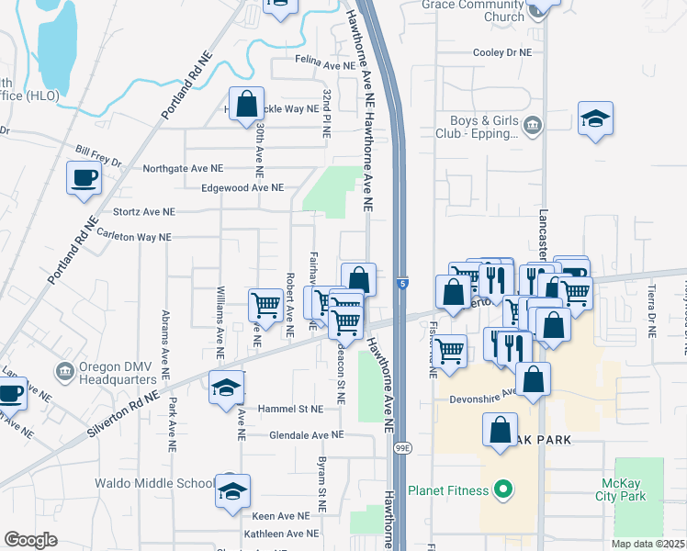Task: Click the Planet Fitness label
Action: tap(448, 490)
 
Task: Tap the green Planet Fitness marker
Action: tap(501, 490)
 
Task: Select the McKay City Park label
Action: tap(631, 489)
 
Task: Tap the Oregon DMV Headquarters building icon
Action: tap(63, 373)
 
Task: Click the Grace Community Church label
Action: tap(472, 10)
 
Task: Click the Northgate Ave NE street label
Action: tap(183, 169)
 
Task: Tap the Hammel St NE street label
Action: tap(289, 409)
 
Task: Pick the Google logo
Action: tap(30, 540)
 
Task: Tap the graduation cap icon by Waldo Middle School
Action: tap(233, 490)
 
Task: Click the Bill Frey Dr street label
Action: tap(99, 155)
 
